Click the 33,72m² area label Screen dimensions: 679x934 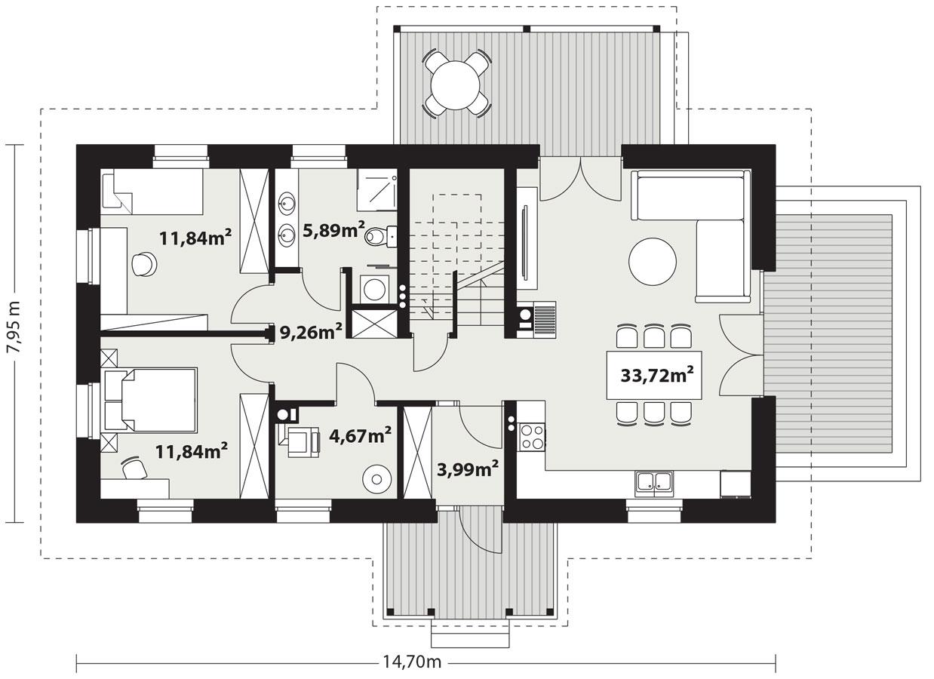point(657,374)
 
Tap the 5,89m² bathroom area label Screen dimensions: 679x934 point(333,229)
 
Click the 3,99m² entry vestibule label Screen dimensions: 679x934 point(468,469)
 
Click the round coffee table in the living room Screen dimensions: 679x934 point(653,261)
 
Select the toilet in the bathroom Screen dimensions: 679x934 point(377,238)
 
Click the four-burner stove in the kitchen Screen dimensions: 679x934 point(531,435)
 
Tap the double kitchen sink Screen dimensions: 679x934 point(653,483)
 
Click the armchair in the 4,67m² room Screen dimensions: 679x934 point(301,440)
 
